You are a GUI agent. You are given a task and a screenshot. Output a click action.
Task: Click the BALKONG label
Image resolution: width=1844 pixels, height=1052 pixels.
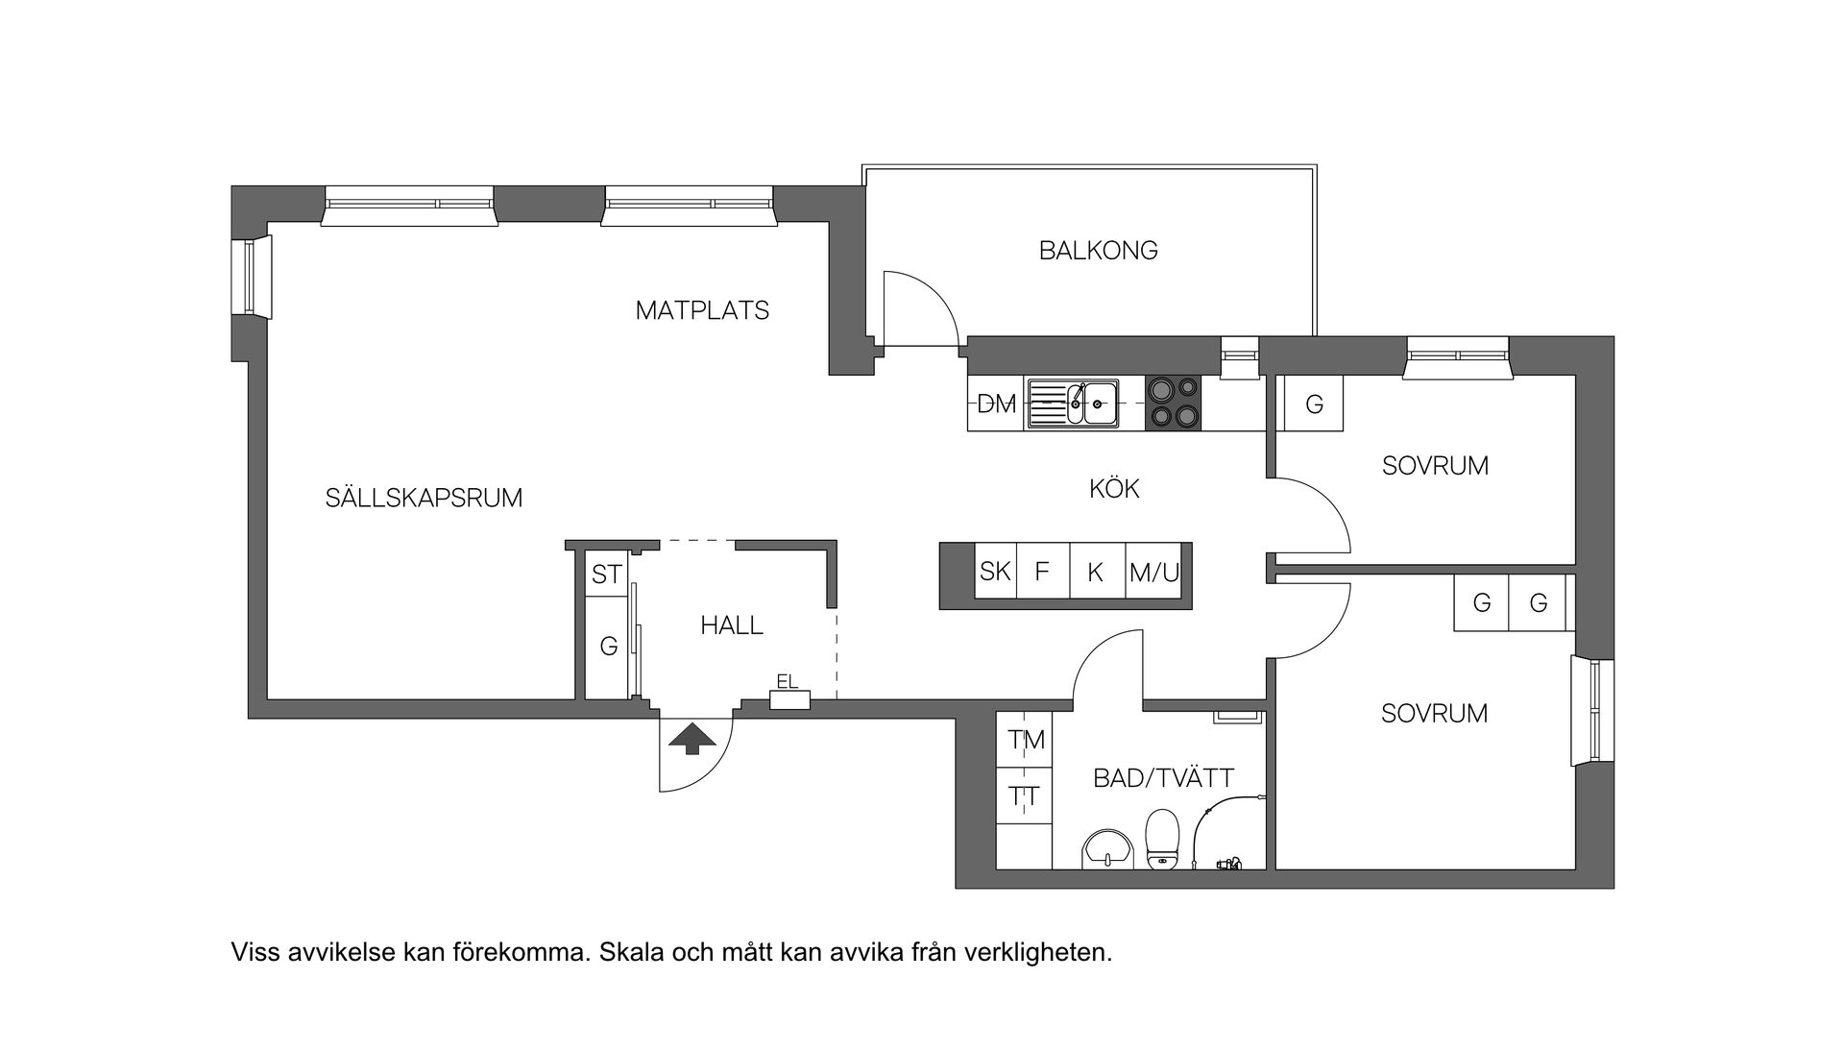[1098, 251]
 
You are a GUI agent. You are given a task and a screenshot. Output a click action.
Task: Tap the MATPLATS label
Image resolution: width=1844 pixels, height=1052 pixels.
[702, 311]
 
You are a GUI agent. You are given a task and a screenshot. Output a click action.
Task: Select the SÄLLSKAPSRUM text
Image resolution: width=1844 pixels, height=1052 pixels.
[424, 498]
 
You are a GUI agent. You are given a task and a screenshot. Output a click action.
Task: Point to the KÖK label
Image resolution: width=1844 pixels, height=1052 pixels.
[1114, 489]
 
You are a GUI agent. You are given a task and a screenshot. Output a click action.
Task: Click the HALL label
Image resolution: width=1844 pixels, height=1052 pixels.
[732, 625]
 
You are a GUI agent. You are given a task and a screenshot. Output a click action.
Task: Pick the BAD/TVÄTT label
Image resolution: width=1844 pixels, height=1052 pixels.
[1163, 778]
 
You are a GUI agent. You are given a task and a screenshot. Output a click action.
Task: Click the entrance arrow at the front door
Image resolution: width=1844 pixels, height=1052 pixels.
[692, 739]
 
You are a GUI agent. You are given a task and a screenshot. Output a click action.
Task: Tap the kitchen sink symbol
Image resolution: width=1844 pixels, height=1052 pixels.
[1074, 403]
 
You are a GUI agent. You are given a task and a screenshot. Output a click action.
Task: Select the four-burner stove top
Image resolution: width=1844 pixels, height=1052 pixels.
[1173, 403]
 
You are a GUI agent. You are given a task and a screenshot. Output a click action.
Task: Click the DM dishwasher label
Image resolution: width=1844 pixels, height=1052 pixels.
[996, 404]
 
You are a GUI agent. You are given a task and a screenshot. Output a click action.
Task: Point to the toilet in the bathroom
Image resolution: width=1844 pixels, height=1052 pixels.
[1162, 838]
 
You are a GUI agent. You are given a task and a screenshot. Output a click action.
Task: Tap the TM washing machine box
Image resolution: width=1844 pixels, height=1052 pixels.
[1025, 740]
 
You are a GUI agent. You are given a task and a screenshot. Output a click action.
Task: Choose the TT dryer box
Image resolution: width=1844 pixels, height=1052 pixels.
[1025, 796]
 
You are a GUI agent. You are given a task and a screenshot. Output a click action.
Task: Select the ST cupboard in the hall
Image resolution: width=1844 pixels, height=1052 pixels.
[607, 575]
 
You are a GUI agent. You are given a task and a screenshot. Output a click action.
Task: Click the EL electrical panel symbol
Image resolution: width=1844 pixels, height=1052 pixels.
[790, 699]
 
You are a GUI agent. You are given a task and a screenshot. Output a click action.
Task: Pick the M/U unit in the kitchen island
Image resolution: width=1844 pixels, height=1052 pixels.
[1153, 573]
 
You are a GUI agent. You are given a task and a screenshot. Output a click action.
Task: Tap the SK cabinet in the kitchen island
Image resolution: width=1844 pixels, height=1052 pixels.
[995, 572]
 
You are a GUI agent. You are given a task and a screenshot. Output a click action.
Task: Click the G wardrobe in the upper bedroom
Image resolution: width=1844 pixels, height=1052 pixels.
[1314, 404]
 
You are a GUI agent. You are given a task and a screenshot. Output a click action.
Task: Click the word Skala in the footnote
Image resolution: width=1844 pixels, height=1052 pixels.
[629, 953]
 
